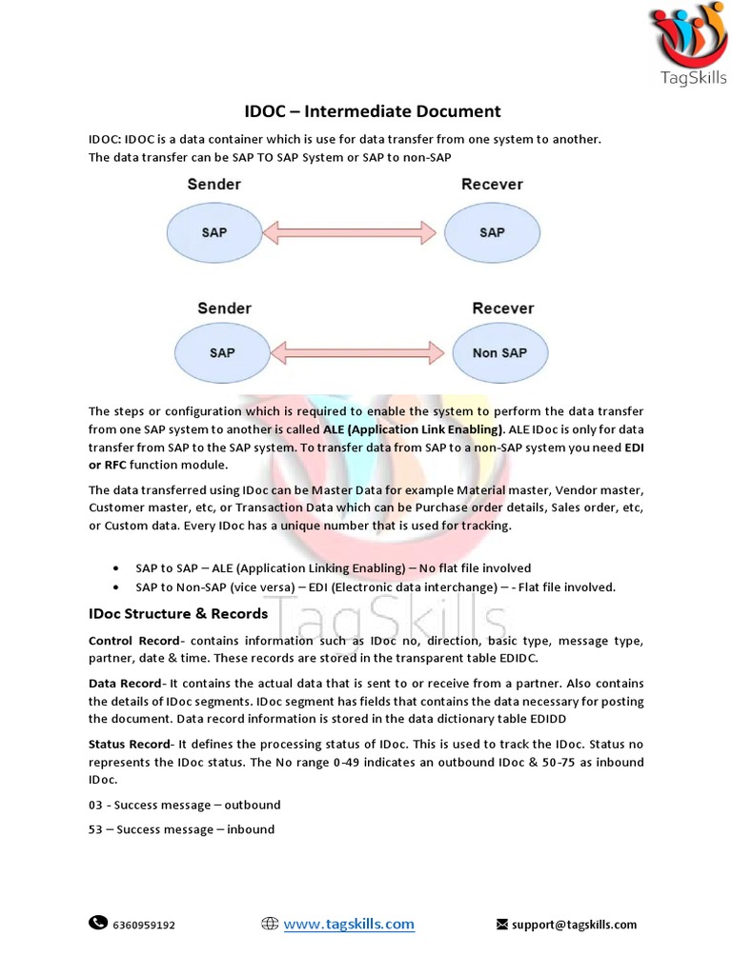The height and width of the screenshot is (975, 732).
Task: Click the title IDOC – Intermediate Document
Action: (367, 111)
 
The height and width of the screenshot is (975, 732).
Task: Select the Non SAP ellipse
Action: (498, 352)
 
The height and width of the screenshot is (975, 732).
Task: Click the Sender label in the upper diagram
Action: (214, 184)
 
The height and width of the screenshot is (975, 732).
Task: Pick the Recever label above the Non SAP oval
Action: (502, 308)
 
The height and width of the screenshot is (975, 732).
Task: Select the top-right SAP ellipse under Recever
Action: (492, 231)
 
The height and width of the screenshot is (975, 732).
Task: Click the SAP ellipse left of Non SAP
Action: (222, 352)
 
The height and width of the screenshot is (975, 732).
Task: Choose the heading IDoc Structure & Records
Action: (178, 614)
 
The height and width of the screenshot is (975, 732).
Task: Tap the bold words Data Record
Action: (125, 684)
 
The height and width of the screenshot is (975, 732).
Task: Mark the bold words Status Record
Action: (131, 744)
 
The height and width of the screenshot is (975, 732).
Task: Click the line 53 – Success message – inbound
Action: (181, 829)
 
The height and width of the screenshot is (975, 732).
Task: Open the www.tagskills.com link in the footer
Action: (349, 924)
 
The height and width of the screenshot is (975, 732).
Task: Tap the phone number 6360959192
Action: (144, 925)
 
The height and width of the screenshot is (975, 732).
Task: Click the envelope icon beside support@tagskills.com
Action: (501, 924)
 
